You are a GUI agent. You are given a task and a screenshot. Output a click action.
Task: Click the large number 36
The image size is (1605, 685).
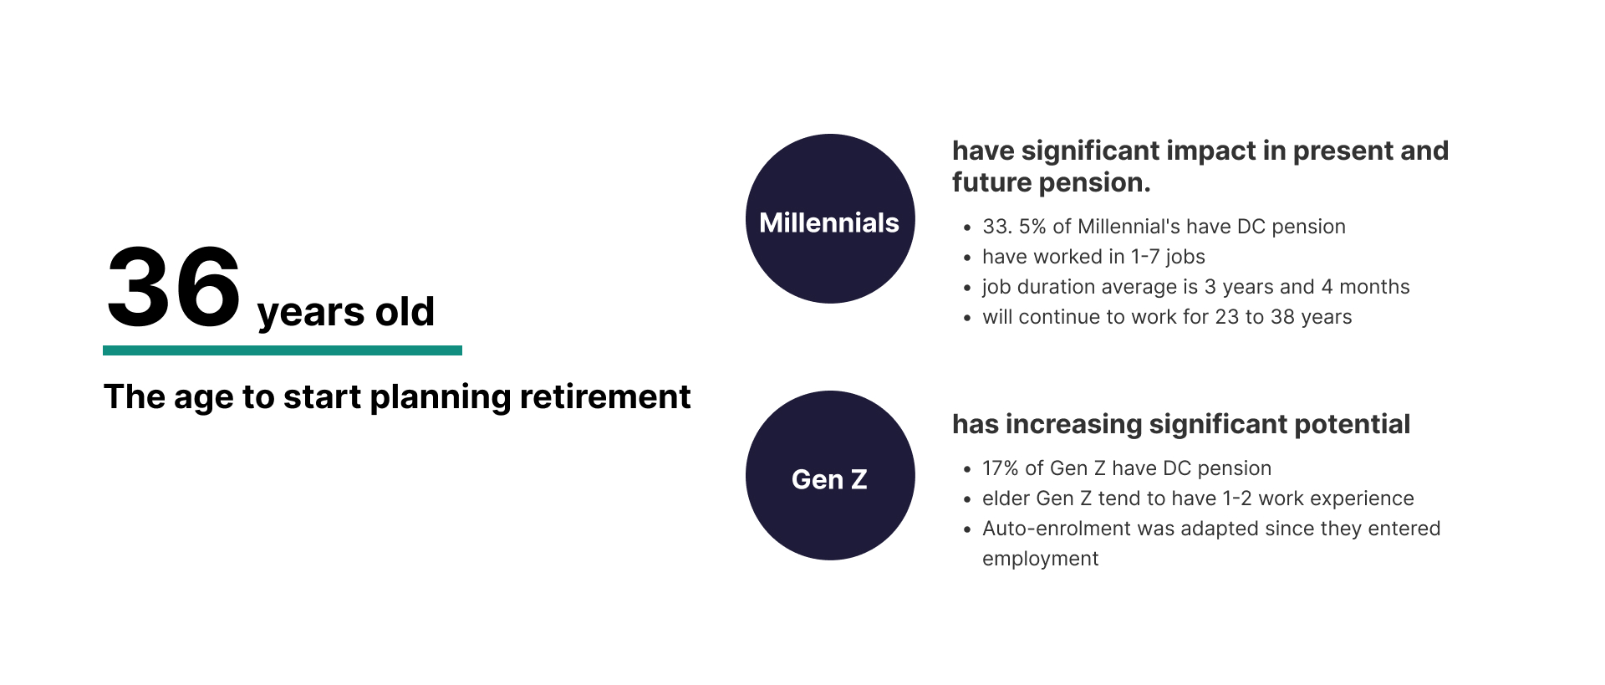coord(174,288)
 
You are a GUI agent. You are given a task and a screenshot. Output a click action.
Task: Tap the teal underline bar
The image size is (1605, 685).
coord(283,350)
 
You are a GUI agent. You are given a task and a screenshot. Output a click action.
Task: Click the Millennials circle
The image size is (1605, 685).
coord(830,218)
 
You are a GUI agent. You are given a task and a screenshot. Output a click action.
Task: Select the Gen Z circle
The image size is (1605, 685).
coord(830,475)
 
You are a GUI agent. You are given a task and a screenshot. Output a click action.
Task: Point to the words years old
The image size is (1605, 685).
coord(346,313)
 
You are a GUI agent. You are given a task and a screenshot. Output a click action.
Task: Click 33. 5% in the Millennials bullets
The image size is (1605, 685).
coord(1014,227)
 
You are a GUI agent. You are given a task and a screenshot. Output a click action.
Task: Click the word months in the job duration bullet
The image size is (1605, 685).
coord(1374,287)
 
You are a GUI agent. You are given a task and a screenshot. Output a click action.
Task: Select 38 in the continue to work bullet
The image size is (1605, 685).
coord(1282,317)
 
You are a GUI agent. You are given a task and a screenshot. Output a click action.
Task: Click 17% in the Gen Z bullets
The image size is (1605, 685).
coord(1001,468)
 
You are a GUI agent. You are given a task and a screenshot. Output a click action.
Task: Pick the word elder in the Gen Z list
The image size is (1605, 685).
coord(1006,498)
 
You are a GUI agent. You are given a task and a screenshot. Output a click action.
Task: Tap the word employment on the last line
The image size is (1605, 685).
coord(1041,560)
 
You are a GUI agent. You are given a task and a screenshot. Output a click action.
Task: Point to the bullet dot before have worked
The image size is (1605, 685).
coord(967,258)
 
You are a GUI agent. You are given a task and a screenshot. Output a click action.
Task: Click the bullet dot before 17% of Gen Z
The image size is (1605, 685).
coord(967,470)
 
